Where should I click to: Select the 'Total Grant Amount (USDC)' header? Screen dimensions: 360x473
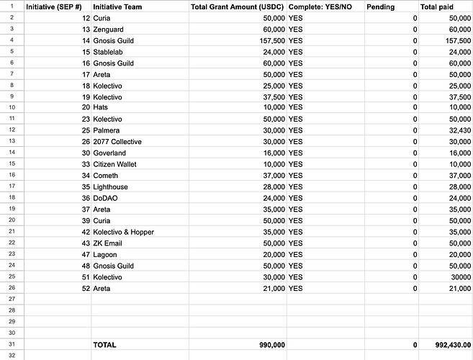click(x=238, y=6)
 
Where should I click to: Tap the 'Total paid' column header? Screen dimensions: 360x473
click(x=437, y=6)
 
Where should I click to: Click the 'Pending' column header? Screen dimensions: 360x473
click(x=380, y=6)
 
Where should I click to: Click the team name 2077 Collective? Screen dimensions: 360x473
click(x=118, y=142)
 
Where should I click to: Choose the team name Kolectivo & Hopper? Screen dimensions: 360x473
click(x=123, y=232)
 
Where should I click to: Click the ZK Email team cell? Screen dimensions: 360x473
click(x=109, y=243)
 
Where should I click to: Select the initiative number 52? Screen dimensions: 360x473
click(x=86, y=289)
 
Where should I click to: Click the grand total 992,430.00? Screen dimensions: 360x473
click(x=446, y=346)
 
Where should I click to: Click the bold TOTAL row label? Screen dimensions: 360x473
click(x=104, y=346)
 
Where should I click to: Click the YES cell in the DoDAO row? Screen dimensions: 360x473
click(x=296, y=198)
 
